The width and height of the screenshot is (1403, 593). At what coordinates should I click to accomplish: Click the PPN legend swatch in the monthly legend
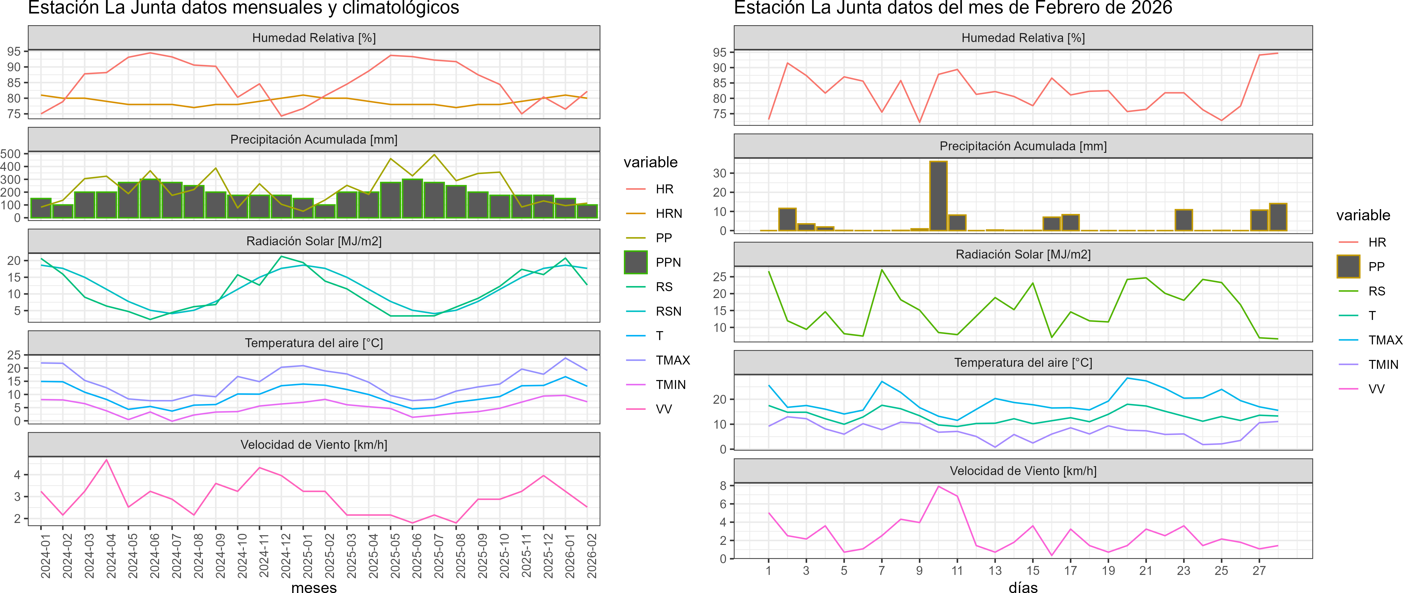click(636, 262)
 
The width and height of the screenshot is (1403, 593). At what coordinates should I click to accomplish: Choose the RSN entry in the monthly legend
click(668, 311)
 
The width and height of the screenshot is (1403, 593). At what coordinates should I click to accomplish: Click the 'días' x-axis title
click(1023, 587)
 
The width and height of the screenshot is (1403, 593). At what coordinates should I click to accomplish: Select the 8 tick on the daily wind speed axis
click(723, 486)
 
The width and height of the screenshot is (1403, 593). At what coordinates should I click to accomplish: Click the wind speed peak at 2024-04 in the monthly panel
click(107, 460)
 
